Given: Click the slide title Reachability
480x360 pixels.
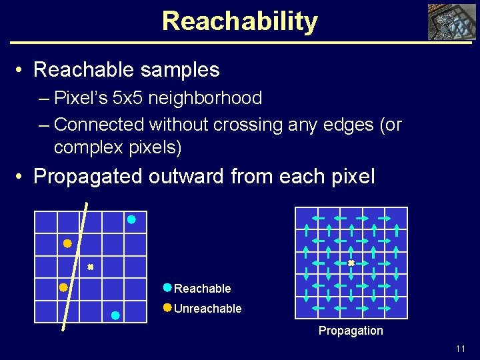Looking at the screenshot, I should coord(239,21).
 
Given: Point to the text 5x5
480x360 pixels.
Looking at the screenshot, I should coord(124,98).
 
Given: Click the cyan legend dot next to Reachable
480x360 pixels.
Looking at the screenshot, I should coord(167,288).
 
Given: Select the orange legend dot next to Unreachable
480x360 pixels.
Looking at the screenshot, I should coord(167,308).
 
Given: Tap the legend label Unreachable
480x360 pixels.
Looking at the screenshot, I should coord(207,309).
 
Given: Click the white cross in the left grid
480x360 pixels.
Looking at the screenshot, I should coord(90,267).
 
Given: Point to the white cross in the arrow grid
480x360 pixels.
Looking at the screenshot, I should coord(351,263).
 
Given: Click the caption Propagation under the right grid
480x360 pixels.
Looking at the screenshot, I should coord(351,331).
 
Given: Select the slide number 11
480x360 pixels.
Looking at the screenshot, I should coord(460,349).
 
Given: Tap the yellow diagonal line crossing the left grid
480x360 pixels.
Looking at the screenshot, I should coord(75,267).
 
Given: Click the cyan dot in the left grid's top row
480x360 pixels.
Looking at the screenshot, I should coord(131,219).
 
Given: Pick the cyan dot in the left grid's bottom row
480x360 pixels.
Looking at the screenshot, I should coord(115,315).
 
